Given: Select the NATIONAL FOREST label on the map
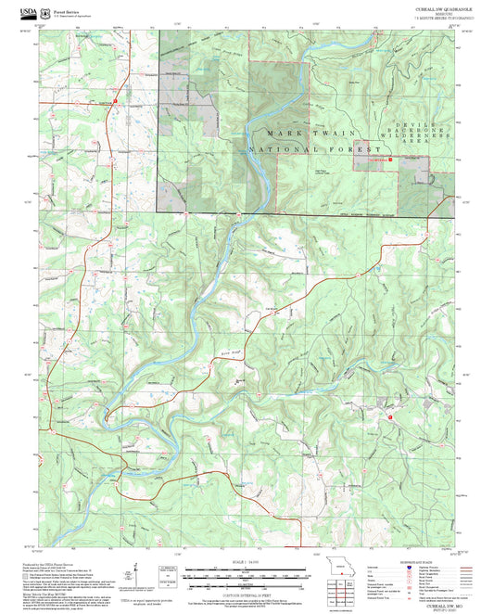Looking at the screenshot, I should coord(315,149).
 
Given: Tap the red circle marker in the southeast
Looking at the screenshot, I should coord(390,417).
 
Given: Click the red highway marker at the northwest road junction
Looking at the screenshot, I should coord(110,102).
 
